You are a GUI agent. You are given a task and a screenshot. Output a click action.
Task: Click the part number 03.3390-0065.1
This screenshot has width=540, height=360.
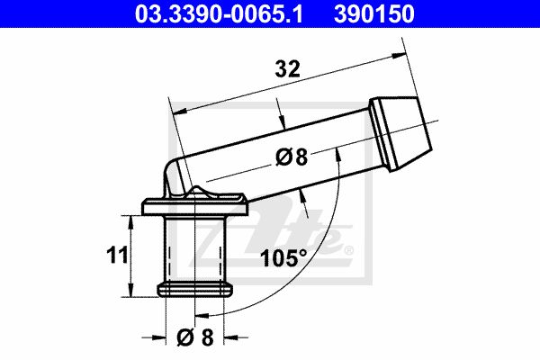click(x=219, y=13)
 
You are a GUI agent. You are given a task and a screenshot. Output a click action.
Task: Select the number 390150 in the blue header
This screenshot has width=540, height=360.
click(x=374, y=13)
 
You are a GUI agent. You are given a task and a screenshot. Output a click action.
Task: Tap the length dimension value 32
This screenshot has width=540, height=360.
click(x=288, y=69)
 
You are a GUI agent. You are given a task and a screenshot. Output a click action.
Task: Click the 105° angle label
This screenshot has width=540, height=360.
click(x=283, y=258)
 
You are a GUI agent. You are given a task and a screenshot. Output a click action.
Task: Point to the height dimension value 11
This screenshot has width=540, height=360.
click(x=117, y=256)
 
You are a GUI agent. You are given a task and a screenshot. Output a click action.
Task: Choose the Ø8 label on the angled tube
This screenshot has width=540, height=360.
click(x=292, y=157)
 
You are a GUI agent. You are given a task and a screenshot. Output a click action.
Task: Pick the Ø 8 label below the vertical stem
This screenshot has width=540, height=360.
click(x=195, y=337)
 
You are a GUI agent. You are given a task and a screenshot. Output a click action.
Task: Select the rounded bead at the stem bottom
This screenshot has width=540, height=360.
click(x=195, y=290)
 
